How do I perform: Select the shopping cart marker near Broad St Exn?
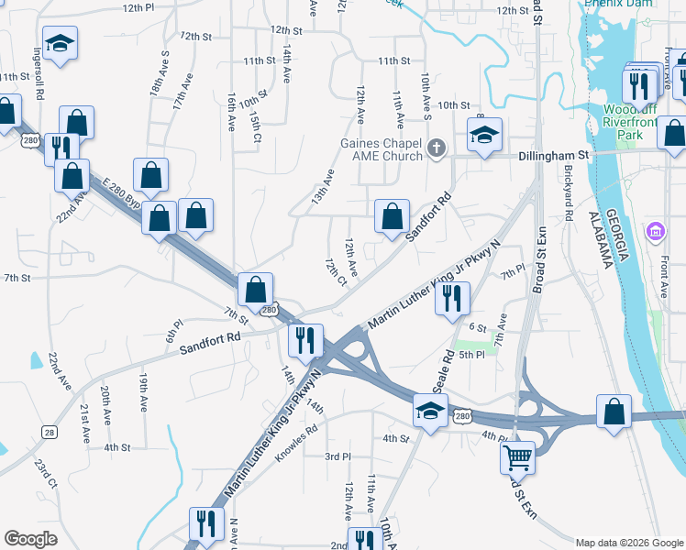coord(517,456)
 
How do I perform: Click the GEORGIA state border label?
coord(621,243)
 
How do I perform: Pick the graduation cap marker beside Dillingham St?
coord(483,135)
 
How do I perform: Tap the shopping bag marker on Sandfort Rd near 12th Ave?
coord(392,217)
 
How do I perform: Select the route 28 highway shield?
coord(50,430)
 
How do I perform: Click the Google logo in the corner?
coord(30,539)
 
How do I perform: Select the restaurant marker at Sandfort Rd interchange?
coord(304,339)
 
